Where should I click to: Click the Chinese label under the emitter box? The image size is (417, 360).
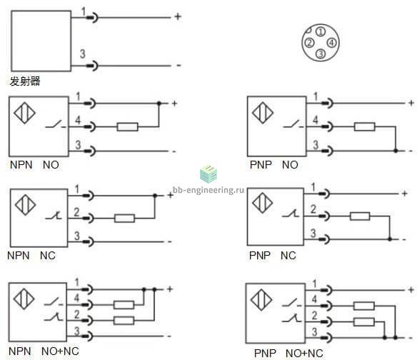(x=25, y=81)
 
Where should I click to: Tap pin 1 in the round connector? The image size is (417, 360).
(x=321, y=31)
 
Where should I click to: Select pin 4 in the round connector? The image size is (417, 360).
(x=331, y=43)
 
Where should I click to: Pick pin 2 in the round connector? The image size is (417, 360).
(x=309, y=43)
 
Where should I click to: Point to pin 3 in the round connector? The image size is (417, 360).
(x=321, y=54)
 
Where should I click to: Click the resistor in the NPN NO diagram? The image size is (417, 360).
(x=128, y=127)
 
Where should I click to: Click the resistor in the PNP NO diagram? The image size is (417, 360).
(x=365, y=126)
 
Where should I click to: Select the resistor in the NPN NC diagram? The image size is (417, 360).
(x=124, y=219)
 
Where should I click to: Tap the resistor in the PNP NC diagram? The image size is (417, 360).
(x=360, y=216)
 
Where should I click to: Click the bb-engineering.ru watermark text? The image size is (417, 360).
(x=208, y=190)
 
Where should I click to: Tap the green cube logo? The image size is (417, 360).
(x=208, y=174)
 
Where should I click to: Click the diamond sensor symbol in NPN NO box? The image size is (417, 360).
(x=24, y=113)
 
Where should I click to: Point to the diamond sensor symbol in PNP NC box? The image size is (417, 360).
(x=263, y=203)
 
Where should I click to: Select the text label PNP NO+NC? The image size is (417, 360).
(x=288, y=354)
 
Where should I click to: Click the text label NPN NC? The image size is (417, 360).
(x=31, y=256)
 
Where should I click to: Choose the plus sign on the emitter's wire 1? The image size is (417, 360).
(x=178, y=16)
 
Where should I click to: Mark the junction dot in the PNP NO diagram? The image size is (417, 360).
(x=396, y=151)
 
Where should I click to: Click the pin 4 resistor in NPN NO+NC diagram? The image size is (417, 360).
(x=124, y=305)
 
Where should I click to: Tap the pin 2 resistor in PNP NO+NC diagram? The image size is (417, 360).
(x=364, y=322)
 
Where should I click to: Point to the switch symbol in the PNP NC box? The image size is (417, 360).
(x=291, y=214)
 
